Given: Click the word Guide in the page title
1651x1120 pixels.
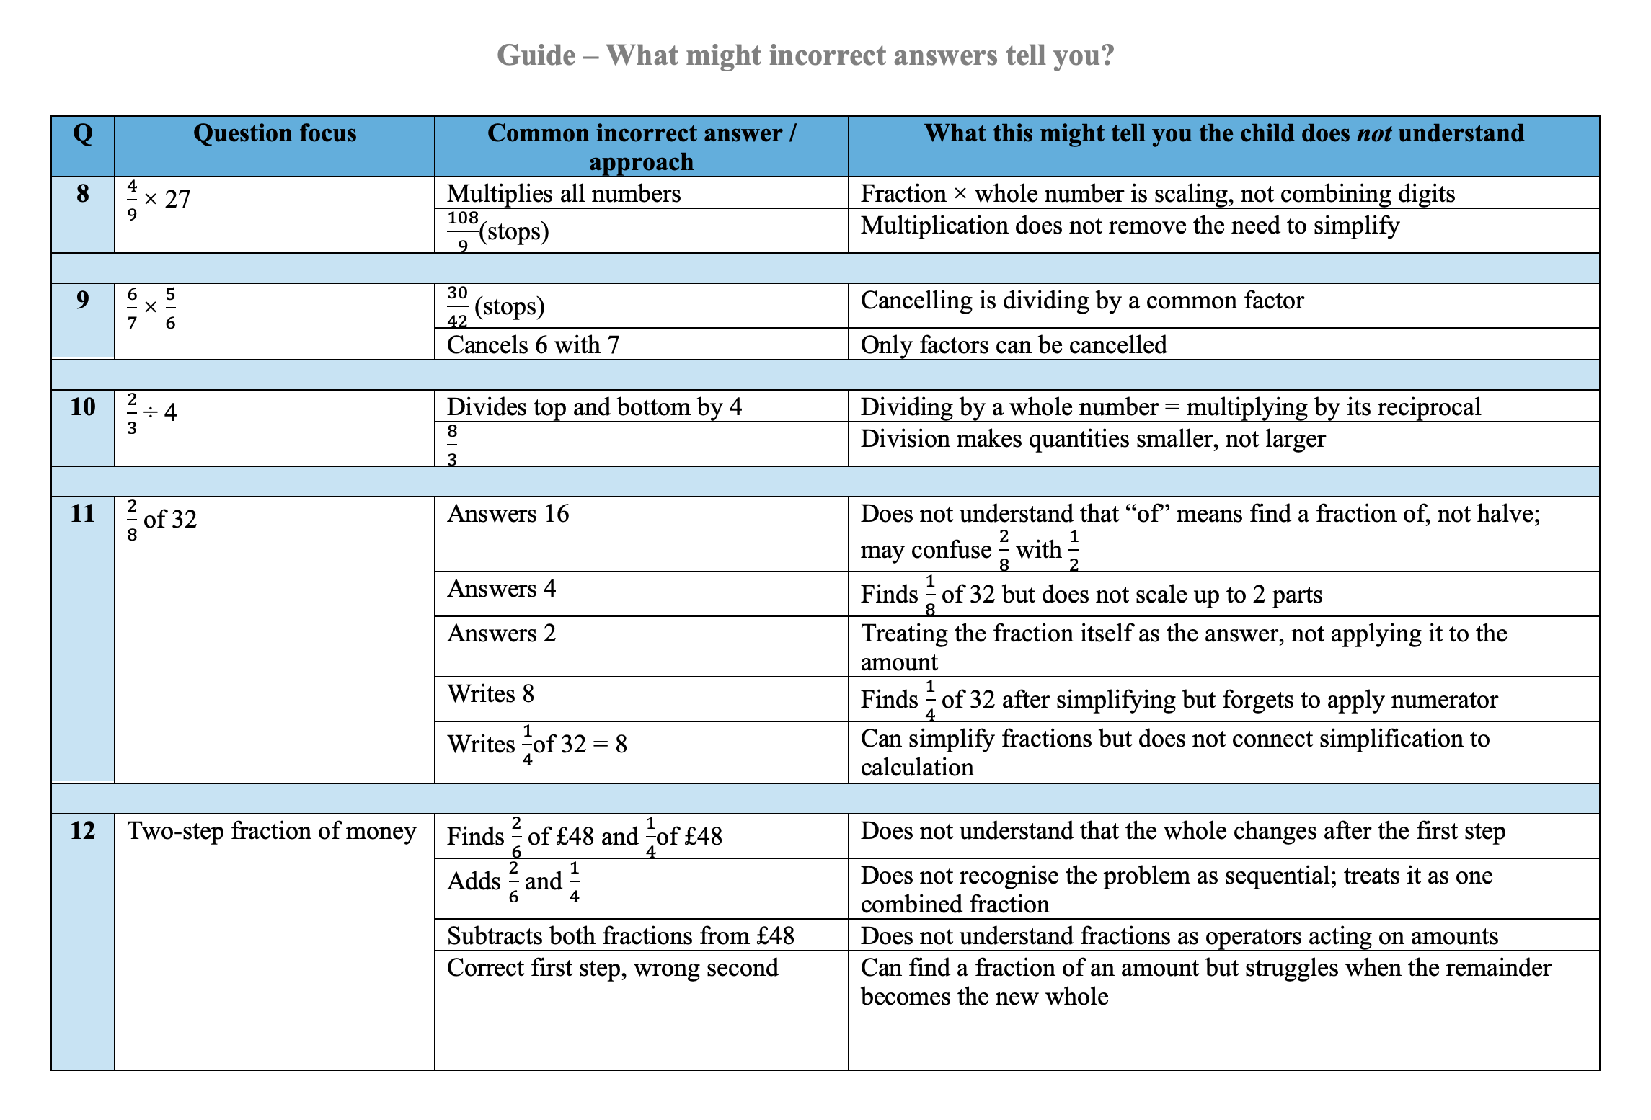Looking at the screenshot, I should tap(536, 55).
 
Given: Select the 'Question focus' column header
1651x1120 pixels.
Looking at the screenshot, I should tap(275, 133).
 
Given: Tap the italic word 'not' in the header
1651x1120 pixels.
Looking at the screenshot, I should tap(1373, 133).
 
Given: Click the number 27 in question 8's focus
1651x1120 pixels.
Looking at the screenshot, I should tap(177, 199).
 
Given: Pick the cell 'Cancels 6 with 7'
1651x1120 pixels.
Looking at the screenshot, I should tap(533, 345).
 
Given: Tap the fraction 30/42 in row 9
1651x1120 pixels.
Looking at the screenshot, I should tap(457, 306).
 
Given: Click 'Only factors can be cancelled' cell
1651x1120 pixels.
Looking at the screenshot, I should tap(1013, 345).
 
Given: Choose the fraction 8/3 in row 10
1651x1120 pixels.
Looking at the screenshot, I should tap(452, 445).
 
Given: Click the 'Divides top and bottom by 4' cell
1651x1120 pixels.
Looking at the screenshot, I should tap(594, 407).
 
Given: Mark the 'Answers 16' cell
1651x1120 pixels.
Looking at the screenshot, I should tap(508, 514).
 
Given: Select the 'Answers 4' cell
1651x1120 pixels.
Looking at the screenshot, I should tap(501, 589).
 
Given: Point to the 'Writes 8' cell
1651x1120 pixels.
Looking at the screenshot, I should tap(490, 694).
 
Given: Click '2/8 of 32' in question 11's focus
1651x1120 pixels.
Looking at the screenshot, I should tap(162, 519).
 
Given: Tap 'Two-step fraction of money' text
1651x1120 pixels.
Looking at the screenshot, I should tap(272, 831).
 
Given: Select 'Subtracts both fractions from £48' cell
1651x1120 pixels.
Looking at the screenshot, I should tap(620, 935).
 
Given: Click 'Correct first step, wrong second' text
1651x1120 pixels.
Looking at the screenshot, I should tap(612, 967).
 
